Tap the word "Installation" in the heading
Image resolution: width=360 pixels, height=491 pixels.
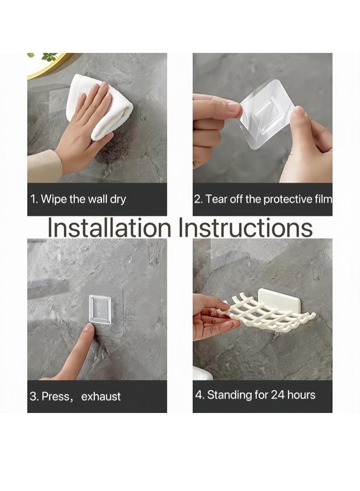pos(109,227)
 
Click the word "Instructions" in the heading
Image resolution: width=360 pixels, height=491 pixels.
pos(245,227)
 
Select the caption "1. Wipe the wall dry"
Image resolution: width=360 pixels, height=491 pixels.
pos(78,199)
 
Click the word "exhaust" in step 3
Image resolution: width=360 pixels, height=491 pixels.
pos(101,397)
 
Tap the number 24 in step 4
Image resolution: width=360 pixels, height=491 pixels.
pos(278,394)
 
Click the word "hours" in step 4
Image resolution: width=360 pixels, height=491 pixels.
pos(301,394)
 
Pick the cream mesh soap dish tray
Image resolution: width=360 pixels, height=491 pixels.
pos(266,313)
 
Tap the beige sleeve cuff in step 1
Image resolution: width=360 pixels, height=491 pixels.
pos(45,166)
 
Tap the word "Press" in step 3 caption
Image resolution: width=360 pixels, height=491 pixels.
pos(56,397)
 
